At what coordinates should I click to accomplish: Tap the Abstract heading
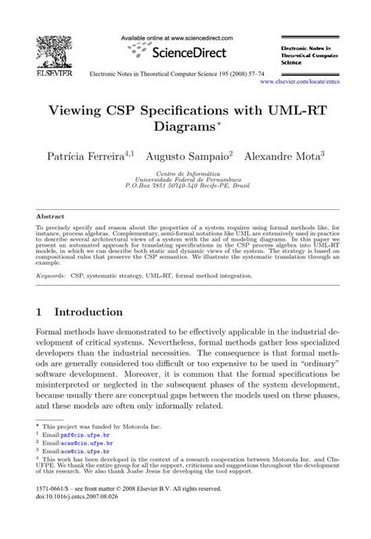coord(50,216)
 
